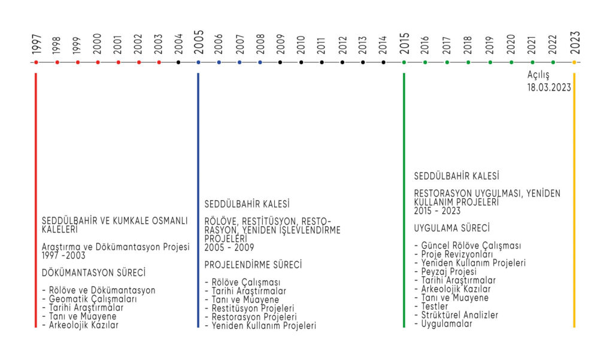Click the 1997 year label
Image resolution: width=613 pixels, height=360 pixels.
[x=36, y=44]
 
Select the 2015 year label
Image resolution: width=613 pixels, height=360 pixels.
[x=404, y=44]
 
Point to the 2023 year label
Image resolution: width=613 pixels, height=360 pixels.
[x=575, y=43]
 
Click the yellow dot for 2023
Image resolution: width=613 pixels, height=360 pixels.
[x=575, y=62]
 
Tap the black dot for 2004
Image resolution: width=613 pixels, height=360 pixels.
[x=178, y=62]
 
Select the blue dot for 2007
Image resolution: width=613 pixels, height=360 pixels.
[x=239, y=62]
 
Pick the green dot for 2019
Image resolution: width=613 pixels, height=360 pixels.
[x=490, y=62]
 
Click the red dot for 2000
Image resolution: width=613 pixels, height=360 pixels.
[x=98, y=62]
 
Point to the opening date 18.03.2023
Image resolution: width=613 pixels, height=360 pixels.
[x=549, y=87]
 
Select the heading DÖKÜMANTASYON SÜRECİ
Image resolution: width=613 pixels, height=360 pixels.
[x=93, y=273]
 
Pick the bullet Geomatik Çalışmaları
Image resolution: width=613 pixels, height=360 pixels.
[x=90, y=299]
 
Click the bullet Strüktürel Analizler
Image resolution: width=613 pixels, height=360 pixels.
[x=456, y=315]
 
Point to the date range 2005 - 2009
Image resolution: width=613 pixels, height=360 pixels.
[x=229, y=247]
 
